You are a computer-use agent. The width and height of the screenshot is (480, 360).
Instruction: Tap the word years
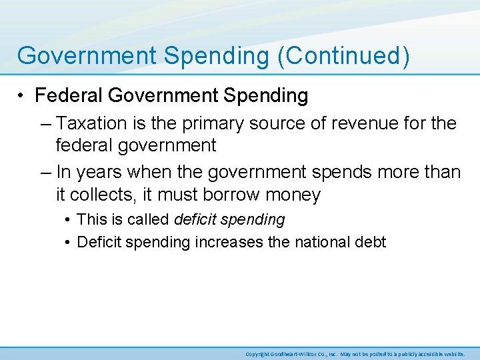pos(101,173)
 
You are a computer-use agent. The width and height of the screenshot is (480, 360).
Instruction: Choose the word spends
pos(331,173)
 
